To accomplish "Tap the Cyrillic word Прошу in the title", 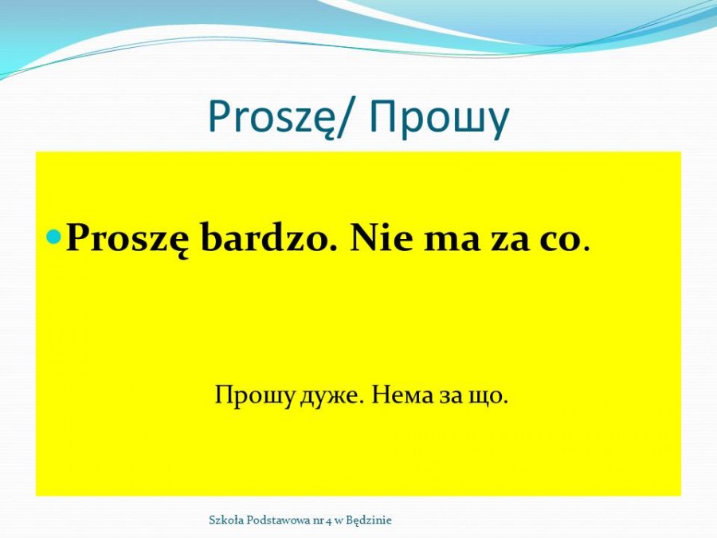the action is [440, 118].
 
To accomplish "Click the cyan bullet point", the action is [54, 236].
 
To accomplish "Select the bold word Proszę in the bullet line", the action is [127, 240].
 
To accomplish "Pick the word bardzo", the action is [264, 238].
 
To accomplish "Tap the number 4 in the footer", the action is [328, 520].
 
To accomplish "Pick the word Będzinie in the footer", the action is [369, 520].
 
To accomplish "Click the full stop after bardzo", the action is [332, 249].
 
